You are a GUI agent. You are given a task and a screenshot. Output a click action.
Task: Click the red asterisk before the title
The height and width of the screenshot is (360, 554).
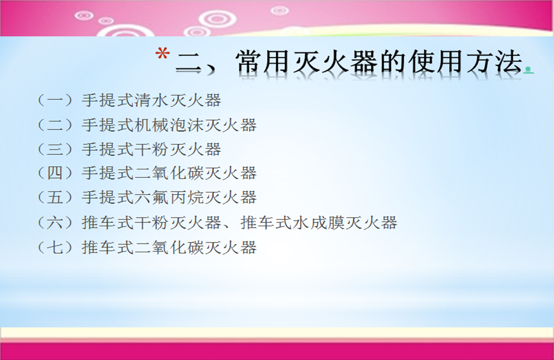[x=162, y=54]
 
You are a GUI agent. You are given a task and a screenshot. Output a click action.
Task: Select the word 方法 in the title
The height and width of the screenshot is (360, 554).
[x=494, y=62]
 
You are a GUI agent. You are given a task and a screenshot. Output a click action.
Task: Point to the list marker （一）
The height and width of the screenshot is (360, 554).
[x=55, y=101]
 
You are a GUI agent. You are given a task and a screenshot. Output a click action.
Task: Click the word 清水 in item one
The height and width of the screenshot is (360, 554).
[x=152, y=101]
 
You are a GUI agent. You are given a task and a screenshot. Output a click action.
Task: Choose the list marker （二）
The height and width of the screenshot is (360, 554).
[x=55, y=125]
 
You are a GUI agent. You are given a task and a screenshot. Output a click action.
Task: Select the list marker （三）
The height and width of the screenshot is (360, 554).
[x=55, y=149]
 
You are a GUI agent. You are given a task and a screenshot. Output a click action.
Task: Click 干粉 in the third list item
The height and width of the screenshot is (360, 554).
[x=152, y=149]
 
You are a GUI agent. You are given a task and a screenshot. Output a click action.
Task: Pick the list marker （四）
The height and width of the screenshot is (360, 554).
[x=55, y=173]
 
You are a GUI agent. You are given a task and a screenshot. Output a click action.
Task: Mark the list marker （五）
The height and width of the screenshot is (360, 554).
[x=55, y=197]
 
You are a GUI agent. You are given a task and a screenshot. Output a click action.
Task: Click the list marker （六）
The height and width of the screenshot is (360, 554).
[x=55, y=223]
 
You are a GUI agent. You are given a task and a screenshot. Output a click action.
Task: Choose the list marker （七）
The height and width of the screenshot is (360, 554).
[x=55, y=247]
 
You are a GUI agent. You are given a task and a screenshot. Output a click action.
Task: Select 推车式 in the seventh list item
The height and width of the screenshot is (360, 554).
[x=108, y=247]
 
